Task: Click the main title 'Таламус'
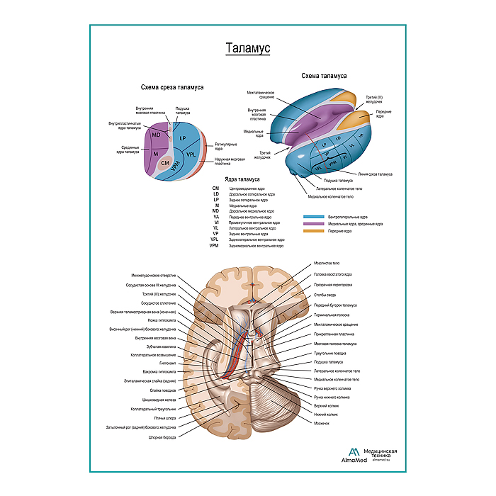(247, 49)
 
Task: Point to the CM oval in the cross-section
(165, 163)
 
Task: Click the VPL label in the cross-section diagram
(191, 153)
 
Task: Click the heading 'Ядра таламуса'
(243, 180)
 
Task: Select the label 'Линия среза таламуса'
(375, 174)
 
